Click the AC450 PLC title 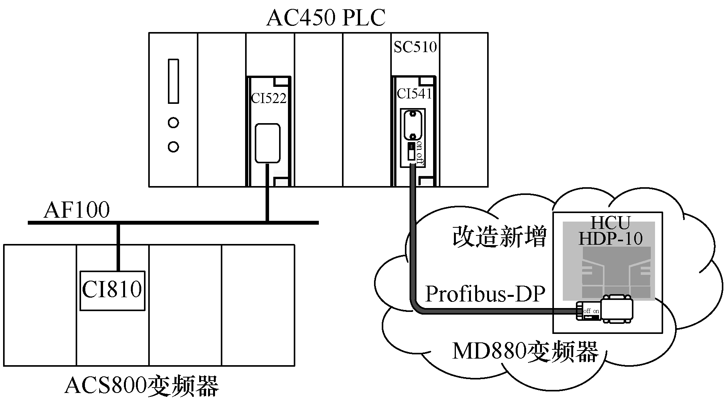tap(326, 18)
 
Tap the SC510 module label tap(415, 47)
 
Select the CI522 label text tap(269, 98)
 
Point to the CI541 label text tap(414, 94)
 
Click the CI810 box tap(112, 290)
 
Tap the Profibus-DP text tap(485, 294)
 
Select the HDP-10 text tap(610, 239)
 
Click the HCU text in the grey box tap(610, 223)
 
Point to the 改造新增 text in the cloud tap(499, 237)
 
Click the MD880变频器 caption tap(525, 352)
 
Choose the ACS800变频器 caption tap(142, 386)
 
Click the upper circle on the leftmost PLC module tap(173, 123)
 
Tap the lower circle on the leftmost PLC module tap(173, 147)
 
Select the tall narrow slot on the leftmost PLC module tap(173, 81)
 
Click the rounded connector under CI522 tap(267, 143)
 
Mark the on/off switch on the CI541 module tap(412, 151)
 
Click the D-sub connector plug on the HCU tap(616, 309)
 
